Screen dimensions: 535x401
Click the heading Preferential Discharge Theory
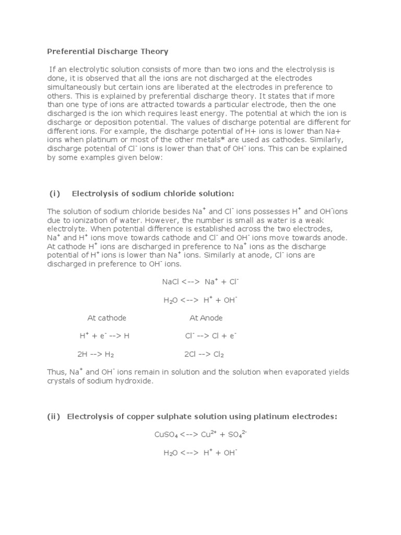point(108,51)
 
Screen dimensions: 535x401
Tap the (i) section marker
point(55,193)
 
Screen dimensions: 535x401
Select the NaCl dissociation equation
point(200,282)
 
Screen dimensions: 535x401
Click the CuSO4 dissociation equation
point(200,435)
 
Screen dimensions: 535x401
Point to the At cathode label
point(107,318)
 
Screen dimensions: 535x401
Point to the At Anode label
point(206,318)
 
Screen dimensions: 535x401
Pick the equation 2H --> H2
point(96,354)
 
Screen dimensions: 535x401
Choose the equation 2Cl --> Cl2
point(204,354)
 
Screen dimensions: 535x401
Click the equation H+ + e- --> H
point(104,335)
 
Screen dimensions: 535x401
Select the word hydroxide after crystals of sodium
point(135,381)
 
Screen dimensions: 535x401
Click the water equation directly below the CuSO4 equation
point(200,453)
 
